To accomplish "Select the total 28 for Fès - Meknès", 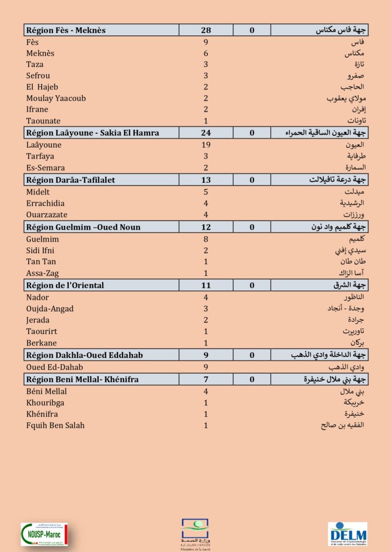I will coord(206,30).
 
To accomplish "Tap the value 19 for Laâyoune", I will coord(206,145).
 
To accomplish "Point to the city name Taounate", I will coord(43,121).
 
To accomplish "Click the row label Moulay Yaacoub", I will coord(56,99).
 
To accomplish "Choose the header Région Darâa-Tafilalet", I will coord(71,180).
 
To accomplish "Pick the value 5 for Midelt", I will coord(206,192).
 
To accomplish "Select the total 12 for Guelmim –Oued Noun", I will coord(206,227).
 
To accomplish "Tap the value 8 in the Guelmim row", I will coord(206,239).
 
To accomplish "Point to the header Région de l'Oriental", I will coord(65,285).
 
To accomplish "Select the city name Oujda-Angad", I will coord(50,309).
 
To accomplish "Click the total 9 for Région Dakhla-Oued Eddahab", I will coord(206,355).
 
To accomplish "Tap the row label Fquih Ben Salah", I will coord(55,425).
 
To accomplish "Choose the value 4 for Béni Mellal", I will coord(206,391).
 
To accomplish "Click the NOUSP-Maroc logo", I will coord(48,534).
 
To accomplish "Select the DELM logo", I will coord(347,534).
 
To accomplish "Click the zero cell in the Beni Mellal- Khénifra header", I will coord(252,379).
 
